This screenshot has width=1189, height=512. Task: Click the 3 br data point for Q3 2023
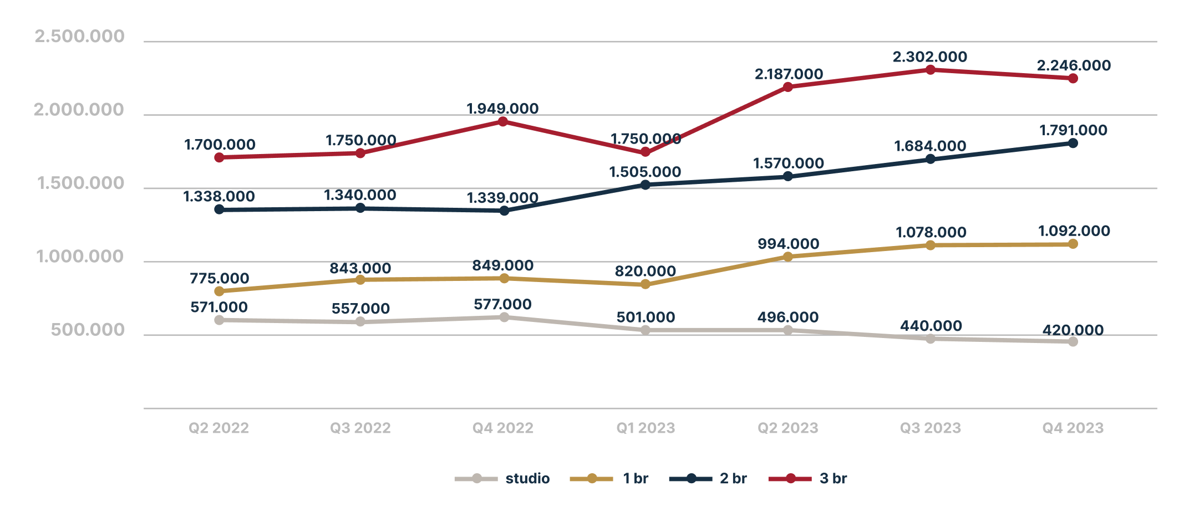(931, 70)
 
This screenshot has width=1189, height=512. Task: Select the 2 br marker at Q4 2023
(1073, 143)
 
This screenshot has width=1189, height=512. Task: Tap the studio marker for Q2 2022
(219, 320)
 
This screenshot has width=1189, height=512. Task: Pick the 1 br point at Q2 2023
(788, 257)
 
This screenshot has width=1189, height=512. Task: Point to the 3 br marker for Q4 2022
(503, 121)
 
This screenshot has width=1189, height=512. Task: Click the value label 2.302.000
(929, 57)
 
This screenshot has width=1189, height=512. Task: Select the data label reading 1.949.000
(502, 109)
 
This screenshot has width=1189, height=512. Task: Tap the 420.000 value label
(1073, 330)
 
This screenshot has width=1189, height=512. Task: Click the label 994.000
(788, 244)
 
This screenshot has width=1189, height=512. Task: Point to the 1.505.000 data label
(645, 172)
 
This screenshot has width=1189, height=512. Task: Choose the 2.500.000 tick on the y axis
(79, 37)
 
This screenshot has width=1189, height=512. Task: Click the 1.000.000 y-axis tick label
(80, 257)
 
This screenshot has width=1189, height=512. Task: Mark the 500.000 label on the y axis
(88, 330)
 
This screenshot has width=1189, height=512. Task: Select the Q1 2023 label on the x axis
(646, 428)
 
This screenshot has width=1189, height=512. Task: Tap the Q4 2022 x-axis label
(503, 428)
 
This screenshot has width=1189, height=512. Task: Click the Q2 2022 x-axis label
(219, 428)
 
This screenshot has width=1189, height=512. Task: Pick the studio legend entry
(502, 478)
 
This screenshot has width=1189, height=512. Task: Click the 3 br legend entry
(808, 478)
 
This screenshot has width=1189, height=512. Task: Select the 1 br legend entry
(609, 478)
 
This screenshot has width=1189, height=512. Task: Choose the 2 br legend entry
(708, 478)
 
